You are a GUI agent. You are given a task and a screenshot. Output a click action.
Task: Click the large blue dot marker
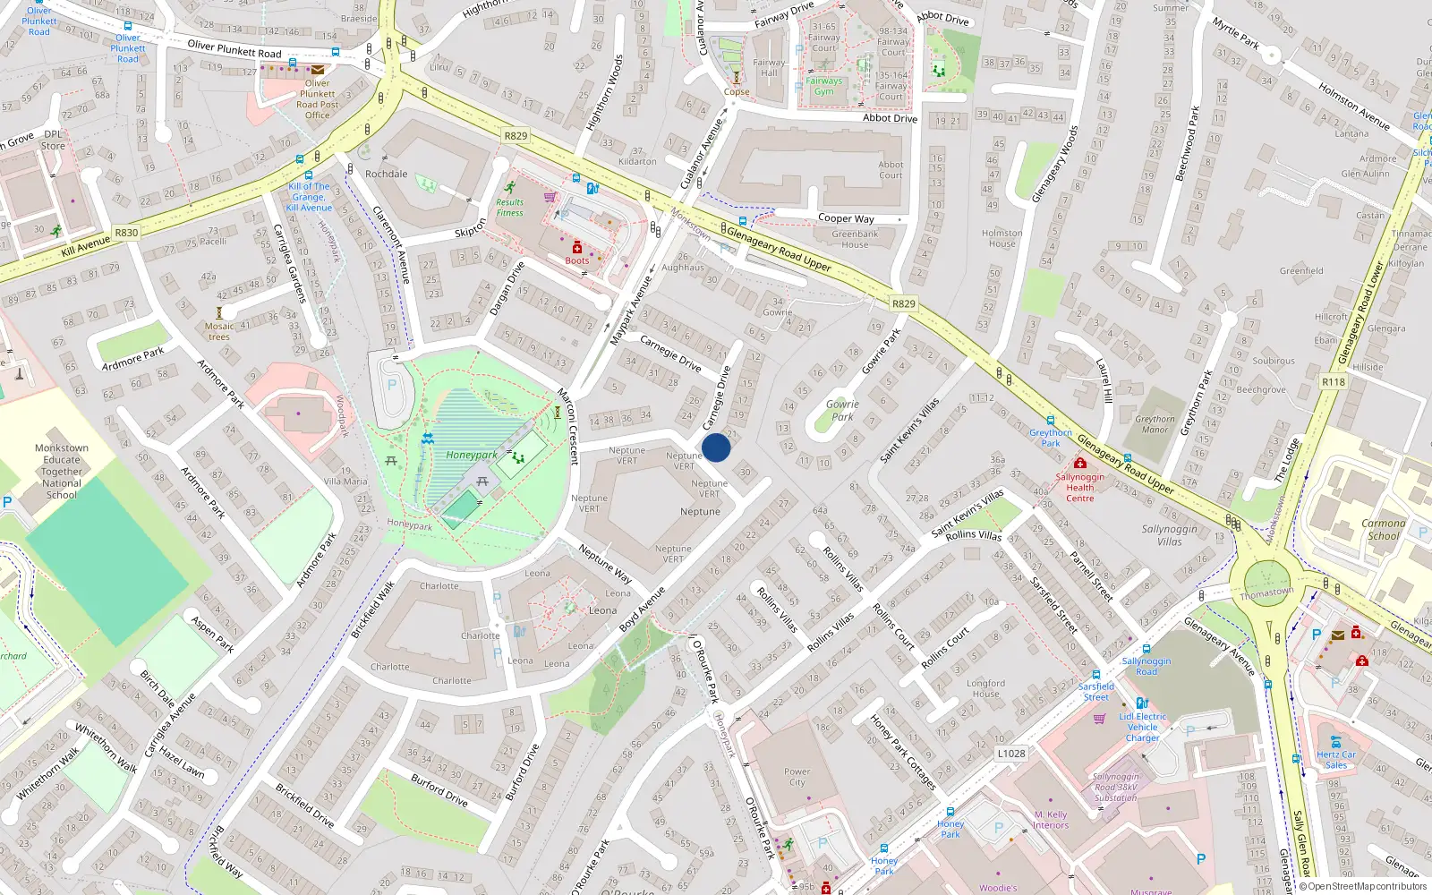click(x=716, y=447)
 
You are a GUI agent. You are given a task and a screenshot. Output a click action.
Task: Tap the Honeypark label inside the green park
click(x=472, y=456)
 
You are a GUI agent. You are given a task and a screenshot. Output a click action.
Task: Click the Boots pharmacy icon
click(x=577, y=247)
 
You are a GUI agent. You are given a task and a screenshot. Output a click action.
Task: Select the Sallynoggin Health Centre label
click(x=1079, y=487)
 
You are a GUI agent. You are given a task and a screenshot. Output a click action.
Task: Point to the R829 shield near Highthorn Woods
click(x=516, y=136)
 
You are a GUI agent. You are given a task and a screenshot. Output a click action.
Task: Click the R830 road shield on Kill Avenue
click(x=126, y=233)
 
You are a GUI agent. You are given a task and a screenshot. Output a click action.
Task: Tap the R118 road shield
click(x=1333, y=382)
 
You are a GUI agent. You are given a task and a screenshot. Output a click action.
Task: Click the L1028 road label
click(x=1011, y=754)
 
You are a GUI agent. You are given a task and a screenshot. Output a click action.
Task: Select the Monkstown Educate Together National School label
click(x=62, y=471)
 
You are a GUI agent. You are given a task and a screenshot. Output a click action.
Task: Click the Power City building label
click(x=797, y=777)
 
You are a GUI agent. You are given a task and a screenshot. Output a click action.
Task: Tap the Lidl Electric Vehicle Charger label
click(x=1143, y=727)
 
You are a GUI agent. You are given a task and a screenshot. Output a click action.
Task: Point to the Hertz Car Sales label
click(x=1336, y=760)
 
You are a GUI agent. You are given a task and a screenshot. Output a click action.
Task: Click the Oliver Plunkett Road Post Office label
click(x=318, y=99)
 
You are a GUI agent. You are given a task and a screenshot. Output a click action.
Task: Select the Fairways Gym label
click(x=824, y=86)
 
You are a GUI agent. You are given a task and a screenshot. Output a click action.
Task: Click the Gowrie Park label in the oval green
click(x=842, y=410)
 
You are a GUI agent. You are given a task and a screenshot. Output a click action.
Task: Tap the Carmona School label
click(x=1384, y=529)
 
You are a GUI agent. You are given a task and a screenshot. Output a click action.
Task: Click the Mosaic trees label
click(x=219, y=331)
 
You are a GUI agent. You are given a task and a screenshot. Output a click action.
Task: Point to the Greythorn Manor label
click(x=1155, y=424)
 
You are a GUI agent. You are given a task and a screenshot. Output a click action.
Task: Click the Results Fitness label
click(x=510, y=207)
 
